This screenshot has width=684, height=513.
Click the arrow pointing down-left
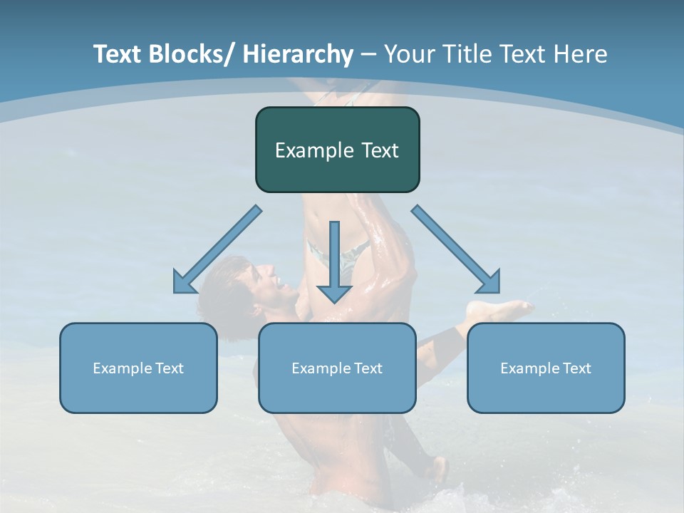click(217, 250)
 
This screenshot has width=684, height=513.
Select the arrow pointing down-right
click(456, 249)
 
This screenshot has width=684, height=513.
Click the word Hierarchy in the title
click(297, 54)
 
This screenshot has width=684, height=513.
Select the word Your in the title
click(409, 54)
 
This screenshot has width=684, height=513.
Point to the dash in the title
click(368, 54)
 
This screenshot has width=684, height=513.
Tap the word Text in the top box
click(379, 150)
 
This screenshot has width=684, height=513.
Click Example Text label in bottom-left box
click(138, 368)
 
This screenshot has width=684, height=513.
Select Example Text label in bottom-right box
click(546, 368)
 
